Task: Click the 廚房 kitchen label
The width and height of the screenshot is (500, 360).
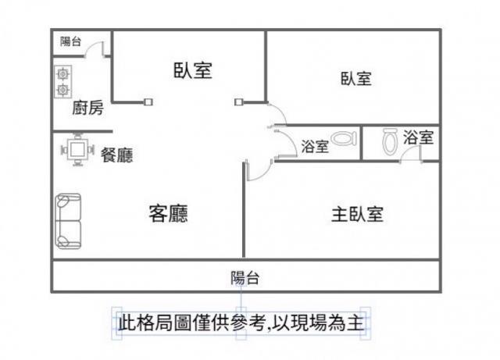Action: click(87, 109)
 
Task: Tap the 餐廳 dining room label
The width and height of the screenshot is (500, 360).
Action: click(116, 155)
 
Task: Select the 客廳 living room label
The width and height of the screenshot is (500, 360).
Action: click(168, 212)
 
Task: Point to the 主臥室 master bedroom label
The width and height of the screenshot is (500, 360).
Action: click(357, 214)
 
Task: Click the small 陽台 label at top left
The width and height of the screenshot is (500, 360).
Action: click(71, 41)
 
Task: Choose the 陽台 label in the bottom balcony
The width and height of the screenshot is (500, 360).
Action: click(245, 276)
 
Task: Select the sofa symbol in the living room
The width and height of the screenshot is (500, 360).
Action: click(68, 222)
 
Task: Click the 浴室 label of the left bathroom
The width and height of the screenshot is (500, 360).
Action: click(315, 146)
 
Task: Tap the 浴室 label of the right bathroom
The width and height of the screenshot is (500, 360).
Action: click(418, 138)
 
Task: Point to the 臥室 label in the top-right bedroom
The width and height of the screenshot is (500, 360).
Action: click(355, 79)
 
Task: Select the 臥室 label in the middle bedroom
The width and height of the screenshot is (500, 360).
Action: click(192, 70)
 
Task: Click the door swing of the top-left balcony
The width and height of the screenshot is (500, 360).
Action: click(98, 49)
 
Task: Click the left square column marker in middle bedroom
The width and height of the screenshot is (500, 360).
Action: click(148, 101)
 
